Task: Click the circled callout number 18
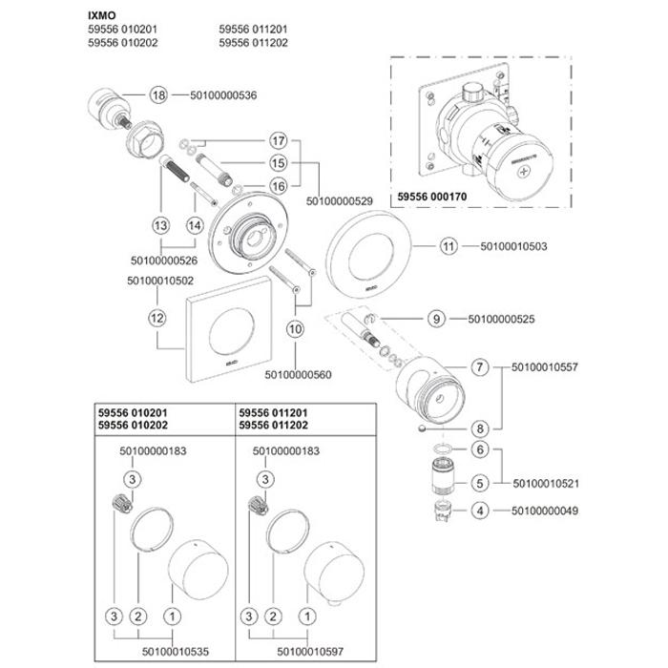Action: click(157, 94)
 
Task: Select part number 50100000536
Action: click(224, 94)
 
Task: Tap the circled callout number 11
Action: click(449, 247)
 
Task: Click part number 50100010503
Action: click(516, 247)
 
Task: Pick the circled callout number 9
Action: click(438, 318)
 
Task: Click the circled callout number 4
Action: click(480, 511)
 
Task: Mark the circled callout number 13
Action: click(159, 226)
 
